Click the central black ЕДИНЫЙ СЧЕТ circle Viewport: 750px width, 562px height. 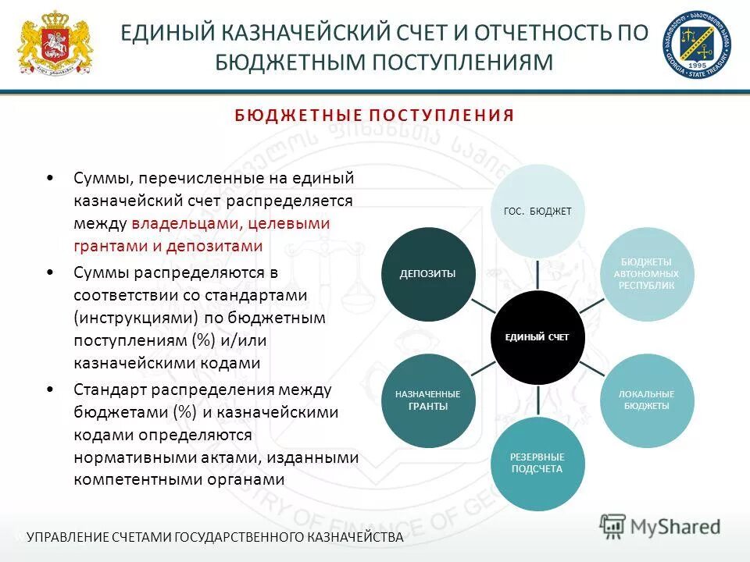(x=537, y=337)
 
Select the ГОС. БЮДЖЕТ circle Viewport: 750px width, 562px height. (x=537, y=211)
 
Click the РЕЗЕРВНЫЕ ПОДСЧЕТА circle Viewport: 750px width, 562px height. (x=537, y=463)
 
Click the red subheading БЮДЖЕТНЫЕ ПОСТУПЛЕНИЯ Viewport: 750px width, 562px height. (x=374, y=116)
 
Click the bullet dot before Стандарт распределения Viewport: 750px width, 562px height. (x=51, y=388)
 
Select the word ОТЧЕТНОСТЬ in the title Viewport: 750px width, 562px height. (x=540, y=34)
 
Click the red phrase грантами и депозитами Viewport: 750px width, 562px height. (x=168, y=246)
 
